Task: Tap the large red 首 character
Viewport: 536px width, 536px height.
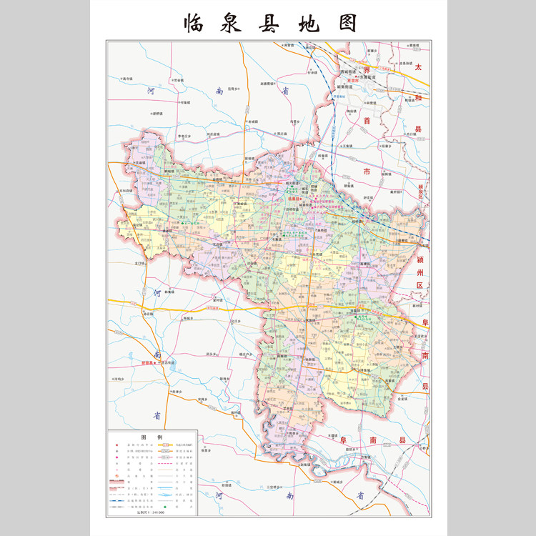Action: [367, 121]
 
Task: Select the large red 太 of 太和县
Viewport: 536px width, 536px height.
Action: [420, 66]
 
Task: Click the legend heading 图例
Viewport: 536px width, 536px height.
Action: [152, 437]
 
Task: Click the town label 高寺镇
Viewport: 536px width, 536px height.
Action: [129, 79]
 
